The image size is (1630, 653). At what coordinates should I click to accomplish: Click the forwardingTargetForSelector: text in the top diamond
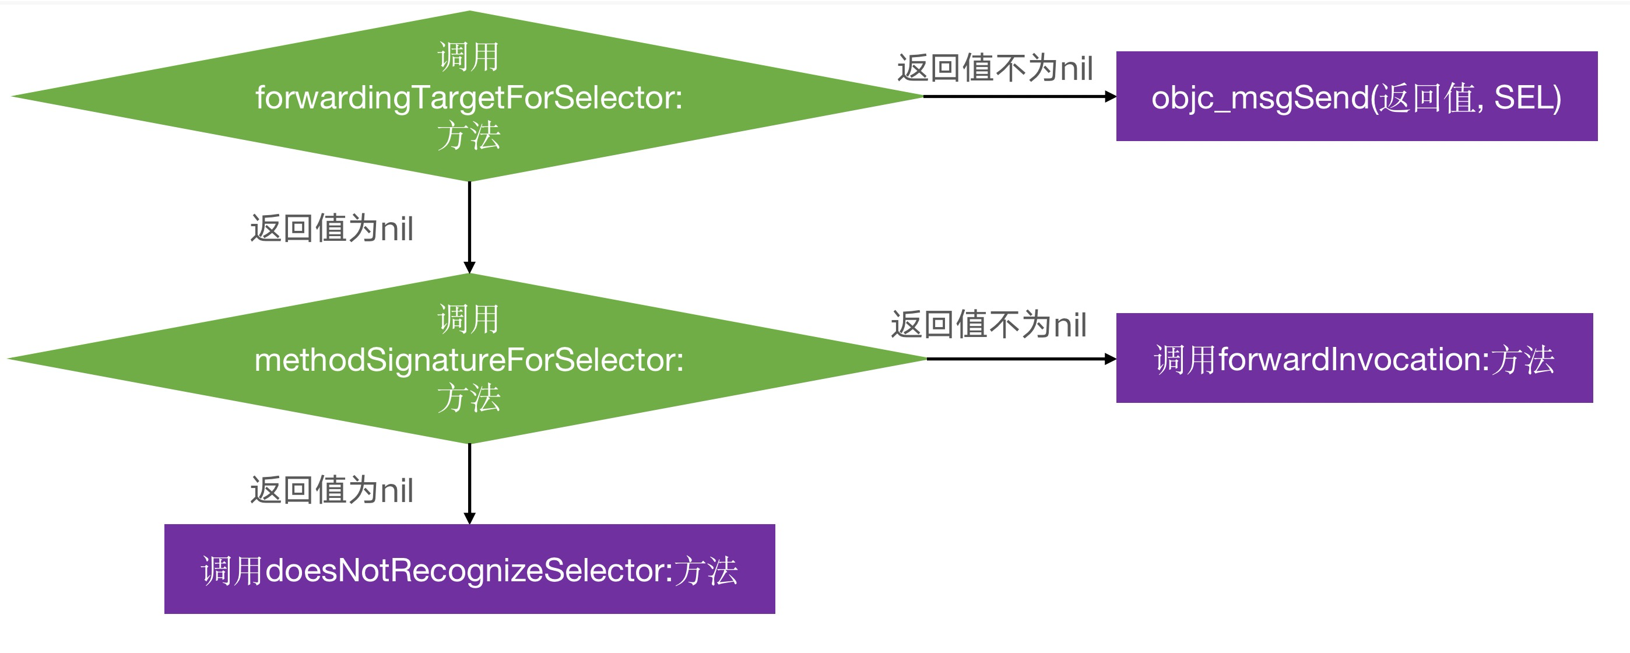(x=469, y=97)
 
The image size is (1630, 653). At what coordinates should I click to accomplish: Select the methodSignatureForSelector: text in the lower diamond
(x=469, y=360)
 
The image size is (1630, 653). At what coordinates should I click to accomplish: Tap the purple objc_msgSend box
(x=1356, y=96)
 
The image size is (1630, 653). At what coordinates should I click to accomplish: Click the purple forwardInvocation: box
(x=1354, y=358)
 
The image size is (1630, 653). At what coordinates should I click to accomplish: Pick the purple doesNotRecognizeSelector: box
(x=469, y=569)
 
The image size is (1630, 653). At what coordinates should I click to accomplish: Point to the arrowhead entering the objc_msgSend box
(x=1111, y=96)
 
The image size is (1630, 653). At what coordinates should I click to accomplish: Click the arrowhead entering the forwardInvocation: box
(x=1111, y=359)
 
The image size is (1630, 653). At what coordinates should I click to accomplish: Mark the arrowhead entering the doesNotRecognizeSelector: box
(x=469, y=518)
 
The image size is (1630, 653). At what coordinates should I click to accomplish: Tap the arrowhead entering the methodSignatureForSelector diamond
(x=469, y=268)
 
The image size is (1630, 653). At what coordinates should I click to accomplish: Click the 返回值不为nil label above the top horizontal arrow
(x=995, y=68)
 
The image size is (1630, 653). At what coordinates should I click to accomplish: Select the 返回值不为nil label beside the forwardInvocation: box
(x=988, y=324)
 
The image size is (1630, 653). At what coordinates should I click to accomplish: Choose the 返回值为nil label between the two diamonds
(x=332, y=228)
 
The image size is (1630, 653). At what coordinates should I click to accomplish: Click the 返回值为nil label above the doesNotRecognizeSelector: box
(x=332, y=490)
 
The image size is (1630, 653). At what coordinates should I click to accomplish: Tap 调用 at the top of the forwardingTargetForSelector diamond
(x=469, y=57)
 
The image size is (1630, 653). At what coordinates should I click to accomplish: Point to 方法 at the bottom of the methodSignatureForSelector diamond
(x=469, y=399)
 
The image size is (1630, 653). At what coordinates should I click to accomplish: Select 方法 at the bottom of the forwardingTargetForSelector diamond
(x=469, y=136)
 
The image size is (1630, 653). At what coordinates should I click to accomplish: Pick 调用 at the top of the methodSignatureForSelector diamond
(x=469, y=319)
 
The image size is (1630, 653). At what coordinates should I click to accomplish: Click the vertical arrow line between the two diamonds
(x=469, y=222)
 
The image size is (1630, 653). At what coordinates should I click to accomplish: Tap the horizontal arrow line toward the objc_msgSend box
(x=1013, y=96)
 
